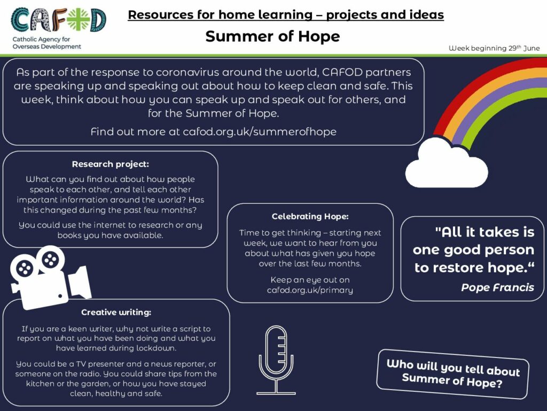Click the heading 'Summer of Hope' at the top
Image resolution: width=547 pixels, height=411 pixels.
(x=272, y=36)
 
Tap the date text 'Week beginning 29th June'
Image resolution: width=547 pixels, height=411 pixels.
(x=494, y=48)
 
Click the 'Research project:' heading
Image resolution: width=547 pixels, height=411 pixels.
(x=110, y=164)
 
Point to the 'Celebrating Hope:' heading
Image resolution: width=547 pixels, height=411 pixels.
(x=310, y=216)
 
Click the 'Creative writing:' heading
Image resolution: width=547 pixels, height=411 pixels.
(x=116, y=312)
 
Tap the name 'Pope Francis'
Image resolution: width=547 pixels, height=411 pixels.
(x=497, y=287)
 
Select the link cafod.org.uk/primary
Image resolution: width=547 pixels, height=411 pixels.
(x=310, y=290)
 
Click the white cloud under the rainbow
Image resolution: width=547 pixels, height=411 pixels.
(x=447, y=164)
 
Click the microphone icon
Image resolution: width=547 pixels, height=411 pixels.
(x=276, y=360)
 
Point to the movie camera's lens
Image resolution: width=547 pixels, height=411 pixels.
(x=80, y=283)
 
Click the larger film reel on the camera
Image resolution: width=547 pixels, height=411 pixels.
(x=51, y=260)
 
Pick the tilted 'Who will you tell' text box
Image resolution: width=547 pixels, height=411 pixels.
(x=453, y=374)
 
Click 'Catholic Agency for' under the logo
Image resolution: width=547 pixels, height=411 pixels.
(x=41, y=39)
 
